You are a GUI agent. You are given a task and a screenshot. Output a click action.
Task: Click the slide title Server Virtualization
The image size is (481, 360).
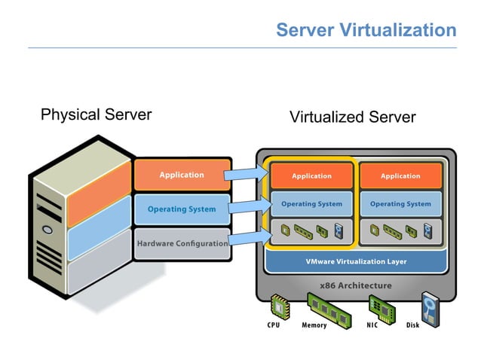point(366,30)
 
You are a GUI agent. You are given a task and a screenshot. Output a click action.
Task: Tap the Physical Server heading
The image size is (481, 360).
point(96,114)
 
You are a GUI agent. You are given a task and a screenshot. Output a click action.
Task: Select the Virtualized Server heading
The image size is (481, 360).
point(352,117)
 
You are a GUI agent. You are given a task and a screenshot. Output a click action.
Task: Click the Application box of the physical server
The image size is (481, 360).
point(181,175)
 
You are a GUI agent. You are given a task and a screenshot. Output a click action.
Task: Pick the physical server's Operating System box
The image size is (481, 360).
point(181,209)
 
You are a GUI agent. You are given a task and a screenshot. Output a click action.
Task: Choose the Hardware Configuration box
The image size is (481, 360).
point(182,243)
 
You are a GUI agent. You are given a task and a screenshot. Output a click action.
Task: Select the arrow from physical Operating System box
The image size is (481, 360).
point(247,207)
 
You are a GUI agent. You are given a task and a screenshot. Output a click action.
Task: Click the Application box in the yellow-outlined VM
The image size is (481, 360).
point(311,175)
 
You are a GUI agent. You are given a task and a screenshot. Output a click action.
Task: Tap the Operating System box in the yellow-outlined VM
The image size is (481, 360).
point(311,204)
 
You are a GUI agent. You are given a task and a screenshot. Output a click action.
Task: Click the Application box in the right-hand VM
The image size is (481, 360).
point(400,175)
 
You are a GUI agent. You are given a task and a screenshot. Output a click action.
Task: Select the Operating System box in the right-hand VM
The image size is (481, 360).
point(400,204)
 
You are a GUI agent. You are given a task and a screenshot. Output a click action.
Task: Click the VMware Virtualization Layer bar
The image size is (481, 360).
point(356,261)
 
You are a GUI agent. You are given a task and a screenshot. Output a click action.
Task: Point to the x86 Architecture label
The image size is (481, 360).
point(356,285)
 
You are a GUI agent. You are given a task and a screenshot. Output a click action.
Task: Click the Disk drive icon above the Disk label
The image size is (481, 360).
point(430,307)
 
